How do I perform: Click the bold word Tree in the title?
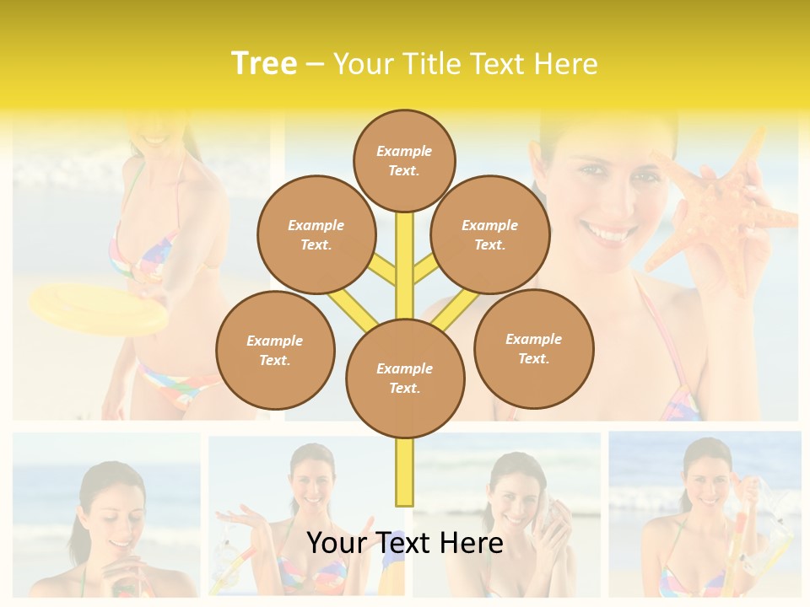pyautogui.click(x=264, y=64)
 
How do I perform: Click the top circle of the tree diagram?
pyautogui.click(x=404, y=160)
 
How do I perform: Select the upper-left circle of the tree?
pyautogui.click(x=316, y=234)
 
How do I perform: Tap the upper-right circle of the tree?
pyautogui.click(x=490, y=234)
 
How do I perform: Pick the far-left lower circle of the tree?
pyautogui.click(x=275, y=350)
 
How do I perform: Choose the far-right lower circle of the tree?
pyautogui.click(x=534, y=348)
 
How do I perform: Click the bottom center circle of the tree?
pyautogui.click(x=405, y=379)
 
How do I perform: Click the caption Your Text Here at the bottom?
pyautogui.click(x=405, y=543)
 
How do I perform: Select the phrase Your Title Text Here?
pyautogui.click(x=466, y=64)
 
